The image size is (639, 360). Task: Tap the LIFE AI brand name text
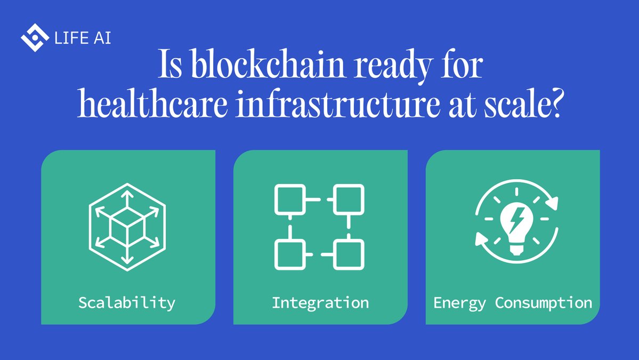[83, 38]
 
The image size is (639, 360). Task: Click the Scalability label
[127, 303]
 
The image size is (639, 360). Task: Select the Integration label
[320, 303]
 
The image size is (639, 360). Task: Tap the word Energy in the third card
[459, 303]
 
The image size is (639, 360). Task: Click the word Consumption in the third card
[544, 303]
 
